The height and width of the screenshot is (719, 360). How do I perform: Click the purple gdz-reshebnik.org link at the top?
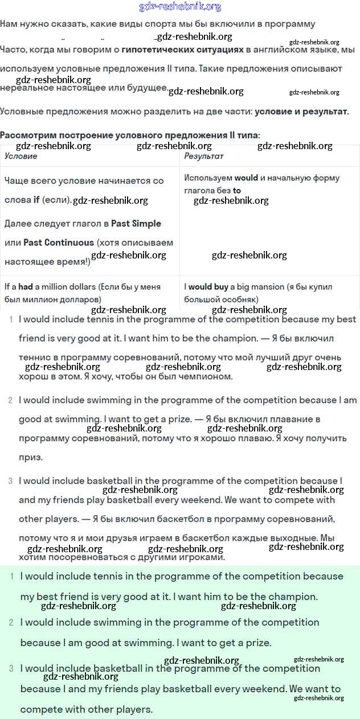pos(180,7)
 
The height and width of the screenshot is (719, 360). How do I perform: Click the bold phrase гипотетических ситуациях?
pos(182,50)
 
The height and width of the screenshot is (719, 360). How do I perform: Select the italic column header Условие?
pos(21,156)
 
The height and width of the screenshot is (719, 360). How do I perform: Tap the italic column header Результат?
pos(204,156)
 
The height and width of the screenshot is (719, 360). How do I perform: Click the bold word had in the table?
pos(26,287)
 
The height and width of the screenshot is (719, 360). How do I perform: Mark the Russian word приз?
pos(31,457)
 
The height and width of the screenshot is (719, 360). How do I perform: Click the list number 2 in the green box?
pos(11,622)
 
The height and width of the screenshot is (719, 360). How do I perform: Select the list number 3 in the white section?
pos(10,481)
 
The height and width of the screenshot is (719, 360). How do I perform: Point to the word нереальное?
pos(24,88)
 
